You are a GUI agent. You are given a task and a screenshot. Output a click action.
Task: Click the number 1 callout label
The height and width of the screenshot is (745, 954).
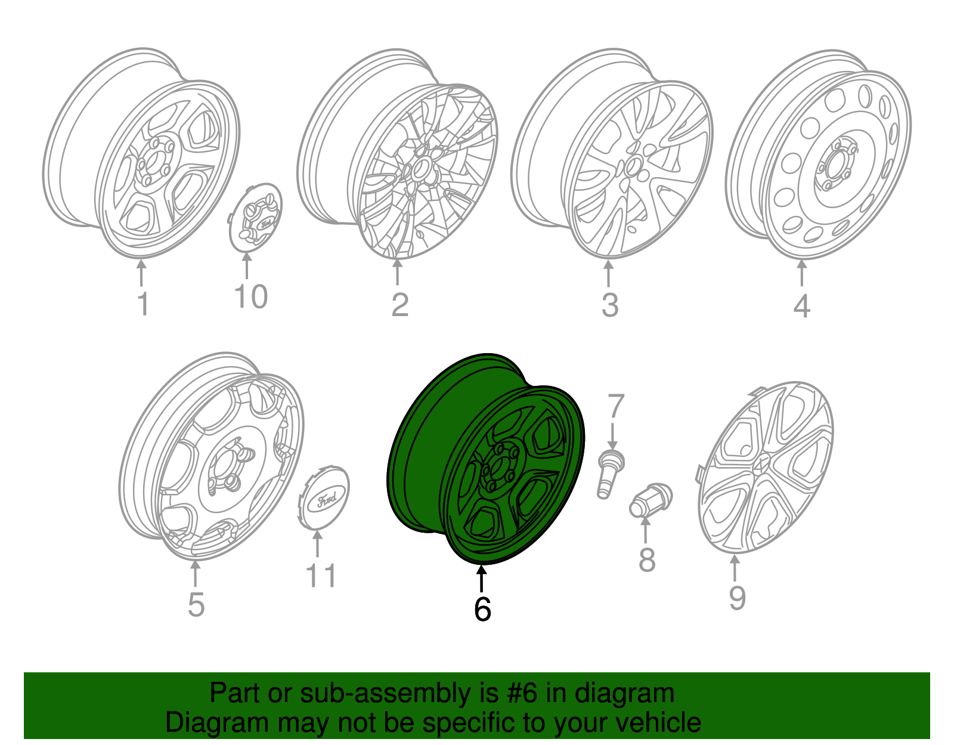coord(143,304)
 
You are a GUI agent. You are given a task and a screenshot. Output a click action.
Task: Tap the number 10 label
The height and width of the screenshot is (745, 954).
coord(250,297)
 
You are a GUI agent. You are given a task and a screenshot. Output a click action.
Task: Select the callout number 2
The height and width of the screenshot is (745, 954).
coord(399,305)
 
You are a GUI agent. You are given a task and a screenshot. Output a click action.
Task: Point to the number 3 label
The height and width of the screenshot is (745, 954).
coord(609,305)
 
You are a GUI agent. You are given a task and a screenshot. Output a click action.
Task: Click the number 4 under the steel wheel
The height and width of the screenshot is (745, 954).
coord(801,307)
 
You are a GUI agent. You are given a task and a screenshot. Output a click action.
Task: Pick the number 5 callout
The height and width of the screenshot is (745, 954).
coord(196,605)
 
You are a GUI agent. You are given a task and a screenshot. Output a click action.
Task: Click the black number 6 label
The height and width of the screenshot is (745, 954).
coord(482,609)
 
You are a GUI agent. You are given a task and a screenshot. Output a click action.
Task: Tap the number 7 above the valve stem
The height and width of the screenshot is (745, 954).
coord(615,407)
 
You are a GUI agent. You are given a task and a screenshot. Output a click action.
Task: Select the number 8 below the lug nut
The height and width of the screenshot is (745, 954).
coord(647,561)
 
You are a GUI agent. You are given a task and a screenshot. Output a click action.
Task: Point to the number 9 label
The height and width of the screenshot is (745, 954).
coord(737,598)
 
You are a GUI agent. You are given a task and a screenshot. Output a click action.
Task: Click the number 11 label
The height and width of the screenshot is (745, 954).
coord(321,576)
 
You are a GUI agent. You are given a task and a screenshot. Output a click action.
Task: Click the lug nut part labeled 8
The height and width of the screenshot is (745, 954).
coord(650,500)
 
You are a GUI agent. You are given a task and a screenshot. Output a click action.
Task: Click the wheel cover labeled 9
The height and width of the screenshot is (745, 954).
coord(765,468)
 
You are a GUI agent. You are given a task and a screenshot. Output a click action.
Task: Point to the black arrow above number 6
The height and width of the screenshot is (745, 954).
coord(481,579)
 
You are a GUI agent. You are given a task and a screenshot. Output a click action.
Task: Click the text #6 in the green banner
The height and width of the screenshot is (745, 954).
coord(522,694)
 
